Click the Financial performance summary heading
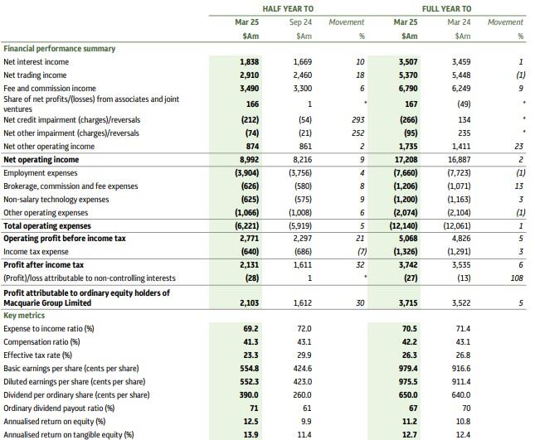pos(59,48)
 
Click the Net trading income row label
pos(36,75)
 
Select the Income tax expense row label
pos(37,252)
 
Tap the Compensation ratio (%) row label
pos(41,341)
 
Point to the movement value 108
pos(517,278)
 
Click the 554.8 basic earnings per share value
pos(250,368)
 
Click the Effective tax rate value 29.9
pos(303,355)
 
